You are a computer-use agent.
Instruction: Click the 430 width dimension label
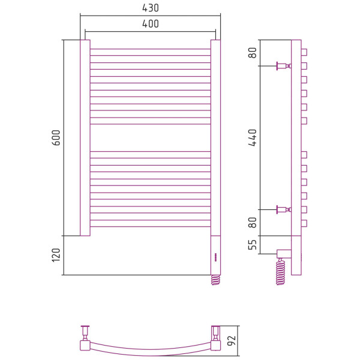[151, 8]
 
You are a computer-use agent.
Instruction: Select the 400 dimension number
[151, 24]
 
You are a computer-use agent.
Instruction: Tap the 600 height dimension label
[56, 138]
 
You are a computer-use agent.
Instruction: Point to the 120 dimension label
[56, 255]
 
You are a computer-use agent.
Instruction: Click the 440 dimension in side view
[253, 138]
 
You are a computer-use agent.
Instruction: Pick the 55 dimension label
[253, 245]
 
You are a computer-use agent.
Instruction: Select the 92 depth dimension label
[232, 340]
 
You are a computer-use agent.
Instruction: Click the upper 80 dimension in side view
[253, 53]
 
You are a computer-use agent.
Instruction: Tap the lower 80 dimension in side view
[253, 223]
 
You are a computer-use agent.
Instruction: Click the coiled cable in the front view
[215, 280]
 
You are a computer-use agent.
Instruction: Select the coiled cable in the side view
[281, 272]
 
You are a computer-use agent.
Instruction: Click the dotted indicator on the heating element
[215, 257]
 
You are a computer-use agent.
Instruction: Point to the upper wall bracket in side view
[284, 66]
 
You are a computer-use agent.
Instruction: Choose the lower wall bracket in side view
[284, 209]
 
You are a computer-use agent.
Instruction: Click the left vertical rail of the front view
[85, 138]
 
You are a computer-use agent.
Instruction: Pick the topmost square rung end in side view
[304, 52]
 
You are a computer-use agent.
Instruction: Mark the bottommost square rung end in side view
[304, 223]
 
